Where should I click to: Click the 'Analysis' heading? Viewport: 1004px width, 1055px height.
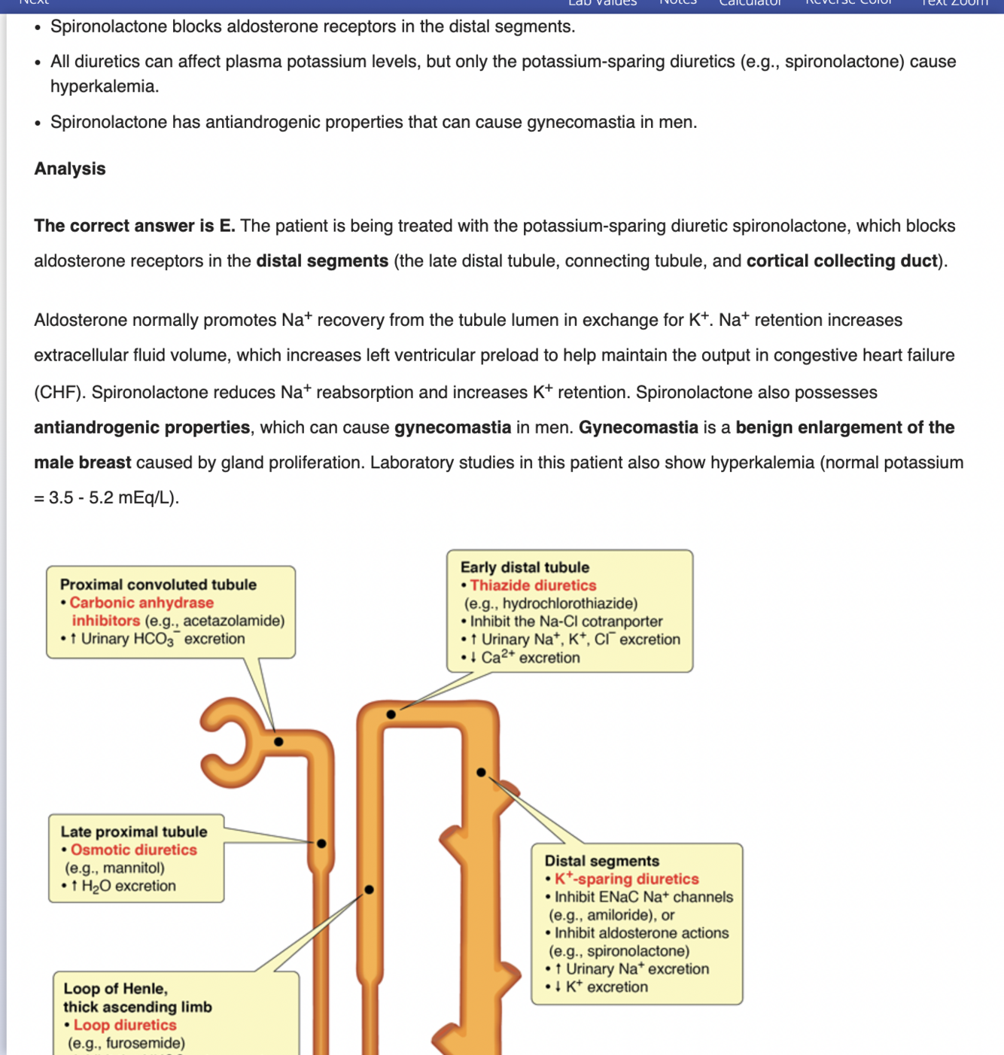pyautogui.click(x=70, y=169)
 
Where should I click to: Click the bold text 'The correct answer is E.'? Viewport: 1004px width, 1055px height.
pyautogui.click(x=134, y=226)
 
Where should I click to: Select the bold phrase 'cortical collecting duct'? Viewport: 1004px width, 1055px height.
pyautogui.click(x=841, y=261)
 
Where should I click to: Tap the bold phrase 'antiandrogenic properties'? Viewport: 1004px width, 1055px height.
pyautogui.click(x=141, y=427)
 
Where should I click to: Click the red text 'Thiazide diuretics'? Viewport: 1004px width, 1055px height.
pyautogui.click(x=533, y=585)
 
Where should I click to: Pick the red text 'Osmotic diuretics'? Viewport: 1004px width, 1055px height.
pyautogui.click(x=133, y=850)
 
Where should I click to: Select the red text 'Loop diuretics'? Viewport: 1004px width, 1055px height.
pyautogui.click(x=125, y=1025)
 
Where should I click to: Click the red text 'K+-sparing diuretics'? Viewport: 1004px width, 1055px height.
pyautogui.click(x=626, y=879)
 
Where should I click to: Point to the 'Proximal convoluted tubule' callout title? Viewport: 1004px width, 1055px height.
pyautogui.click(x=158, y=585)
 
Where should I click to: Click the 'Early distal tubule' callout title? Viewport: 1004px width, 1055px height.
pyautogui.click(x=525, y=567)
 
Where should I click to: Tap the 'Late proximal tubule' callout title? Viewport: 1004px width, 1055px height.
pyautogui.click(x=133, y=832)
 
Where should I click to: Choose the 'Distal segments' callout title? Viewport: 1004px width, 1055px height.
pyautogui.click(x=601, y=861)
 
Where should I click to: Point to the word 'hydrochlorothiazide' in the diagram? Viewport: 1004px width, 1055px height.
pyautogui.click(x=568, y=604)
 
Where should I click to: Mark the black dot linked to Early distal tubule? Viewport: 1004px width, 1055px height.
pyautogui.click(x=391, y=714)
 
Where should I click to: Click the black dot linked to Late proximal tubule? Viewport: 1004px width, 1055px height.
pyautogui.click(x=321, y=844)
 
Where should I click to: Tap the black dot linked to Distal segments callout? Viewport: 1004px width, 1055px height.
pyautogui.click(x=481, y=773)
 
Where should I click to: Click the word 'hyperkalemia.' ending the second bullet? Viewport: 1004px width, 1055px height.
pyautogui.click(x=105, y=87)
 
